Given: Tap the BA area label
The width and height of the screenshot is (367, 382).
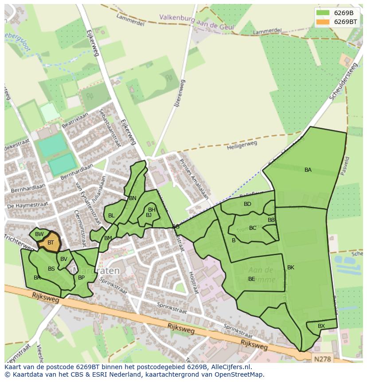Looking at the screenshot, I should click(x=308, y=170).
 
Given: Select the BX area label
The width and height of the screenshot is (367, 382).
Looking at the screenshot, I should click(x=321, y=326).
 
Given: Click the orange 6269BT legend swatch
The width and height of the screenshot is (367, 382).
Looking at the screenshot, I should click(x=324, y=22).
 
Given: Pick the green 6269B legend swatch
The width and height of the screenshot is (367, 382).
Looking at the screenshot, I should click(x=324, y=13).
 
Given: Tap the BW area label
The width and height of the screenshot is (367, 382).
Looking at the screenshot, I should click(x=39, y=234).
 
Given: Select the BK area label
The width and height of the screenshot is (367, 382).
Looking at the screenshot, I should click(x=291, y=268).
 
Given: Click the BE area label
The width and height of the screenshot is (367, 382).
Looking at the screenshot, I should click(x=251, y=279).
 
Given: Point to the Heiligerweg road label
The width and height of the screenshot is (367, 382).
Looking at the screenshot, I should click(x=242, y=146).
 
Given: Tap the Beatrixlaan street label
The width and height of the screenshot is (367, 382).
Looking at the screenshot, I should click(x=75, y=120).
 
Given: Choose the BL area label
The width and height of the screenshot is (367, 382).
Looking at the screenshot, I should click(x=111, y=216).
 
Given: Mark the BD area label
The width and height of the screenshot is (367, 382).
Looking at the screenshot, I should click(x=247, y=204).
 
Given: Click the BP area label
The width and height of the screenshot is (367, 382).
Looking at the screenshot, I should click(x=81, y=278).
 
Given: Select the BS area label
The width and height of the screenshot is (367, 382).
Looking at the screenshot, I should click(x=51, y=269).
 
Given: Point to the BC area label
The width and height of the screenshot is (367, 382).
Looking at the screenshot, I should click(x=253, y=228).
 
